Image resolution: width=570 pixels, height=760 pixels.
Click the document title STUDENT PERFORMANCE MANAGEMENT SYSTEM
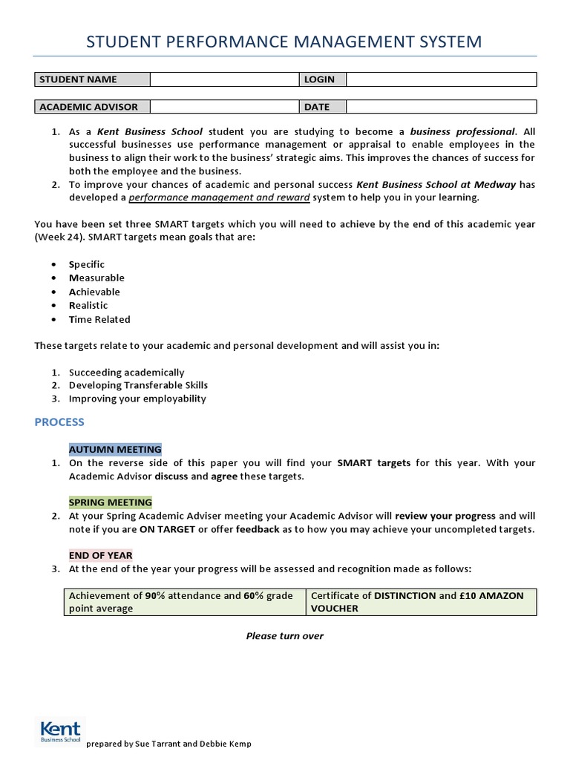[284, 42]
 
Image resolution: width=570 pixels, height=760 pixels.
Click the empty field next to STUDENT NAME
[225, 79]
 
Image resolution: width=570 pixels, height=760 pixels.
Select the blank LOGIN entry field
[441, 79]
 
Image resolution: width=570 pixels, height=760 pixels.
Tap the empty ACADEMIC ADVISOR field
[225, 106]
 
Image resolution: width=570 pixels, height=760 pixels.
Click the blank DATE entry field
[441, 106]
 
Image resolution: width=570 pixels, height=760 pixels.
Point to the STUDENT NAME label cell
[93, 79]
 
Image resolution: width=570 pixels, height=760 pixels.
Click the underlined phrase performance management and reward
[220, 197]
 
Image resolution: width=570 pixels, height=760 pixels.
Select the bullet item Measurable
[96, 278]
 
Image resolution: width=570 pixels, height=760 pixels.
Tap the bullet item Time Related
[99, 319]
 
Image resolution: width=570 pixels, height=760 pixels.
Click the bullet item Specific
[87, 264]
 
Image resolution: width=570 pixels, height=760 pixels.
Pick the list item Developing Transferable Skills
[138, 385]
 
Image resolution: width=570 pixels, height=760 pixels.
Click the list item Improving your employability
[137, 399]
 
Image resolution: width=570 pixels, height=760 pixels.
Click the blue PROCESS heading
[59, 422]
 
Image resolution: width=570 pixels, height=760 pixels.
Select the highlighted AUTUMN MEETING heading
[115, 449]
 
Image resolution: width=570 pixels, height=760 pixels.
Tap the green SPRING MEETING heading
[111, 502]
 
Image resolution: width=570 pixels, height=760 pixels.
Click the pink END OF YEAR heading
[101, 555]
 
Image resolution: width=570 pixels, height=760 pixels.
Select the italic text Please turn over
[285, 636]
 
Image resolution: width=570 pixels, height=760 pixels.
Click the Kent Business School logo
[60, 730]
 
